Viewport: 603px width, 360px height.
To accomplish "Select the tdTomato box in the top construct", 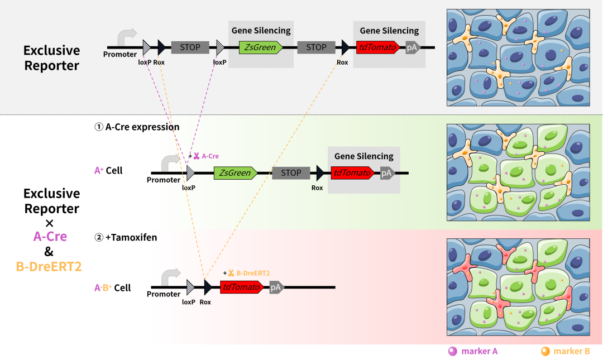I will pyautogui.click(x=378, y=47).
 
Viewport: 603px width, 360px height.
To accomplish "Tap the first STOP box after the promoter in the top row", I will pyautogui.click(x=190, y=47).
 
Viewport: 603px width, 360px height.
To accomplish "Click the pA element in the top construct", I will pyautogui.click(x=412, y=47).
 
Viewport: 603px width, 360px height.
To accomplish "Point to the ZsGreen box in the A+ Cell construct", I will pyautogui.click(x=235, y=173).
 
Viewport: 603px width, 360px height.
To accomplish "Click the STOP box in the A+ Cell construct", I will pyautogui.click(x=291, y=173).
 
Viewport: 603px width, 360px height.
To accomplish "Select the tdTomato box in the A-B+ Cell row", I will pyautogui.click(x=242, y=287).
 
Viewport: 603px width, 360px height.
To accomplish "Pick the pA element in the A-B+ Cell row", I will pyautogui.click(x=276, y=287).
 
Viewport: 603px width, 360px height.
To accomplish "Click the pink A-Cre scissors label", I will pyautogui.click(x=206, y=156).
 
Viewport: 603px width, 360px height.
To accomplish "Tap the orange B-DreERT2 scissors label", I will pyautogui.click(x=248, y=273).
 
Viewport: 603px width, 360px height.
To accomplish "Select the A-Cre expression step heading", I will pyautogui.click(x=137, y=127).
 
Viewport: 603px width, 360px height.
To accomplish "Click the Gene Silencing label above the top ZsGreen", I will pyautogui.click(x=261, y=31).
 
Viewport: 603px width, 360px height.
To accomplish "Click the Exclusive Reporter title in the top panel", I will pyautogui.click(x=51, y=58).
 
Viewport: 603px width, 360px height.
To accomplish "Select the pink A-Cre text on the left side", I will pyautogui.click(x=50, y=236).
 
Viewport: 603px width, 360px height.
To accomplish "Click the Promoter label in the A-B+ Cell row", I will pyautogui.click(x=164, y=294).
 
